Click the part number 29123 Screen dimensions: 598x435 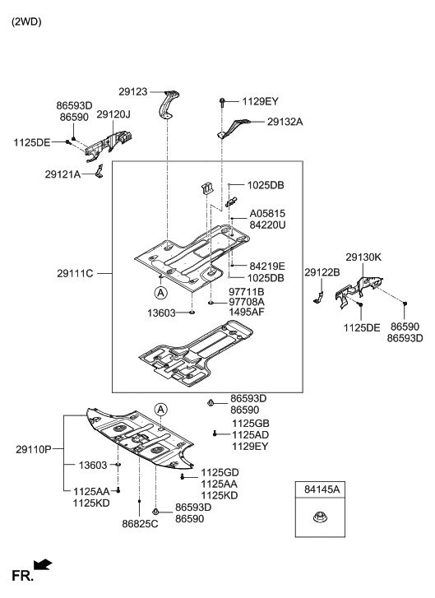pyautogui.click(x=132, y=92)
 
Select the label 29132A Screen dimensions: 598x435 pyautogui.click(x=285, y=121)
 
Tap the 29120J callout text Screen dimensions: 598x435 pyautogui.click(x=113, y=114)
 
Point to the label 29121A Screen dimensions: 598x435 pyautogui.click(x=63, y=174)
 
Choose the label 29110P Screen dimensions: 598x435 pyautogui.click(x=34, y=449)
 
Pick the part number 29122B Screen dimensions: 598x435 pyautogui.click(x=322, y=272)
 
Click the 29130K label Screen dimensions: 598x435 pyautogui.click(x=363, y=257)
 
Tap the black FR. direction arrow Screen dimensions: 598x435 pyautogui.click(x=43, y=564)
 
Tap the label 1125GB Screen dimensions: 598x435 pyautogui.click(x=249, y=423)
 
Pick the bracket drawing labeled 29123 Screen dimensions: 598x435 pyautogui.click(x=169, y=104)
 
